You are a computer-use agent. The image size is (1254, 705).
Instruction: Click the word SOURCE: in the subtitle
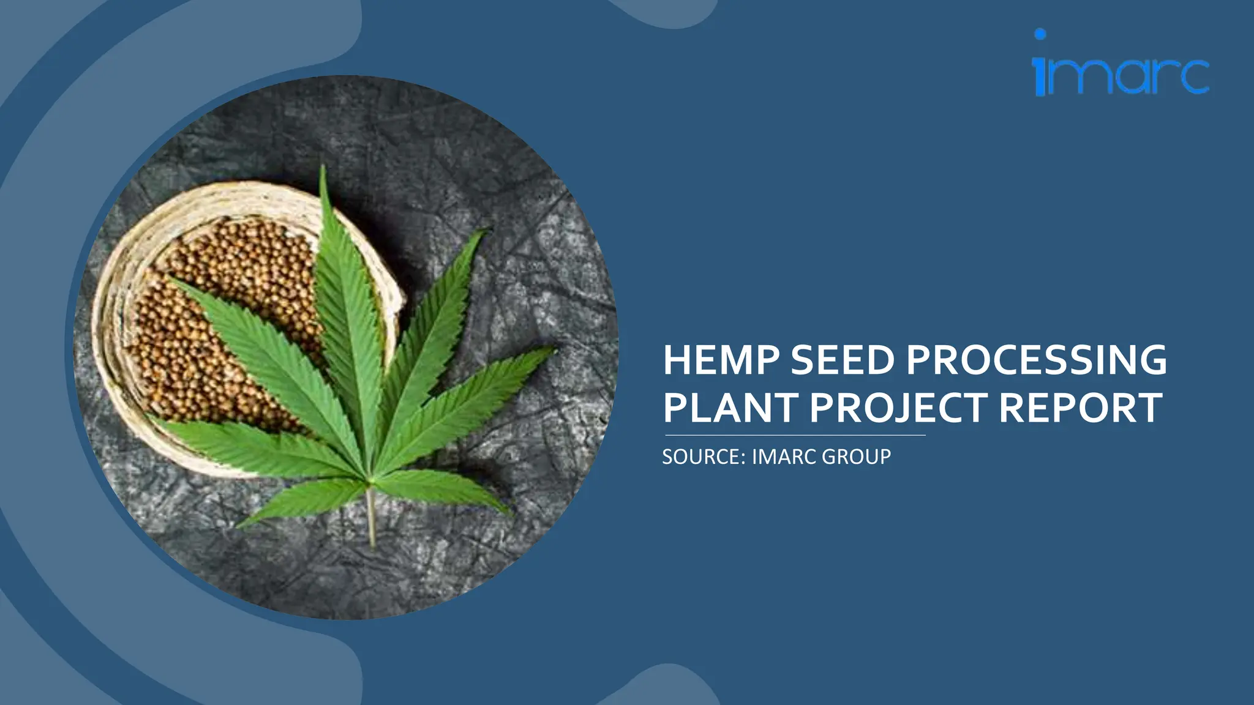704,457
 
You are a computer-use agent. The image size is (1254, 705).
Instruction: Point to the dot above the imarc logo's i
1040,34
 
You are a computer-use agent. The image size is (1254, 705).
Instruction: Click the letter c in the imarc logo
1190,77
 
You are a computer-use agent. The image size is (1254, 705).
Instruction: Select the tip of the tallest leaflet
323,168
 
